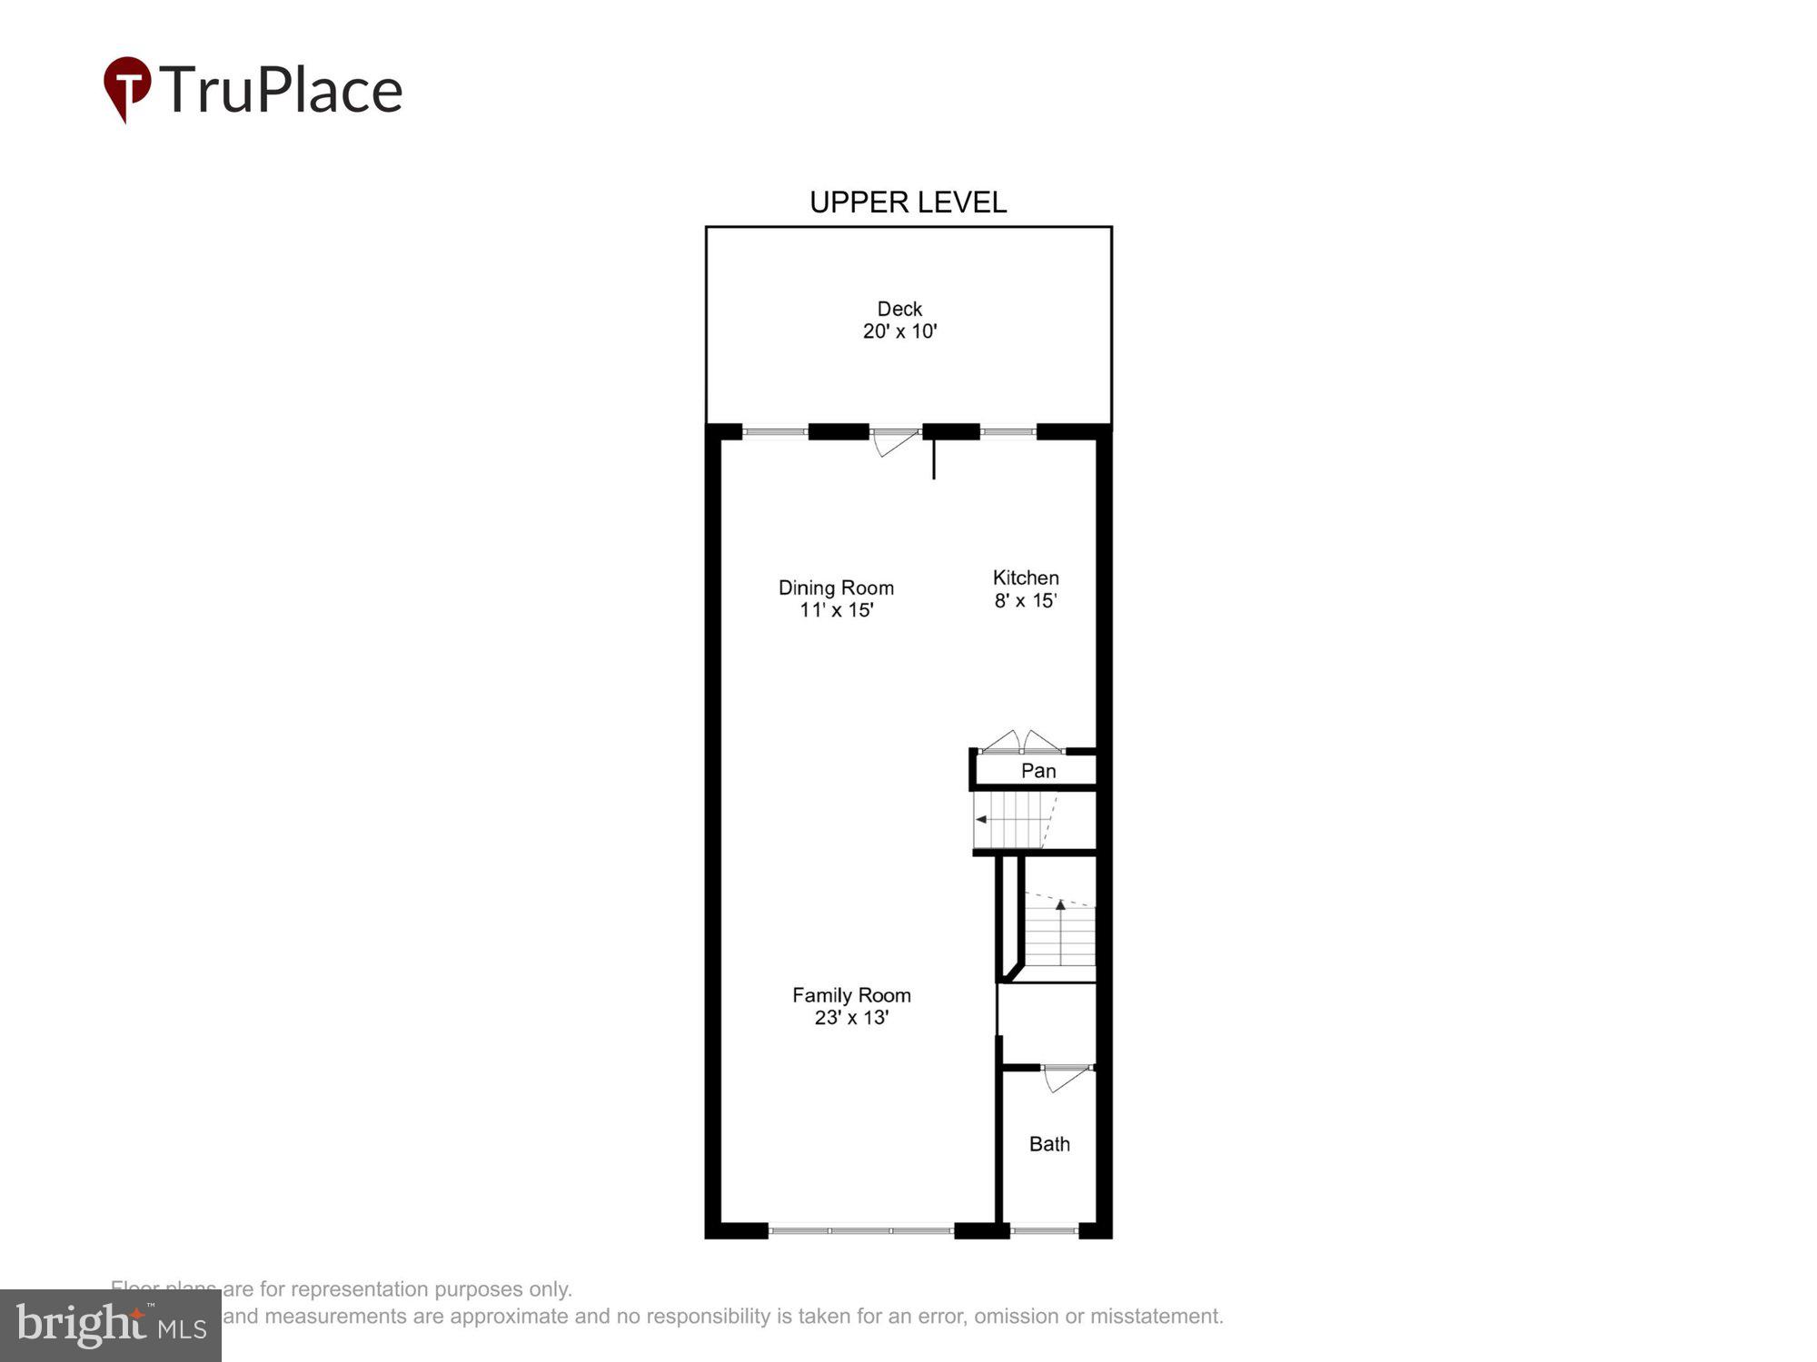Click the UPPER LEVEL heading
coord(908,202)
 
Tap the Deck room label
coord(899,309)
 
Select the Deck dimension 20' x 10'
coord(899,331)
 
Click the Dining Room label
coord(836,587)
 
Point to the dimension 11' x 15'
coord(836,610)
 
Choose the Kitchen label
coord(1026,577)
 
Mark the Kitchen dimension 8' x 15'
coord(1026,600)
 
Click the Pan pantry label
coord(1038,771)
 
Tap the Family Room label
coord(851,995)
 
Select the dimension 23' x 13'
coord(851,1018)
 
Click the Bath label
coord(1049,1144)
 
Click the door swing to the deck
coord(894,442)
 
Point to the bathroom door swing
coord(1065,1079)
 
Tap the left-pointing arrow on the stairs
coord(981,819)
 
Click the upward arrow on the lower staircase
coord(1060,904)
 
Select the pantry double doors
coord(1022,742)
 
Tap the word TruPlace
coord(282,90)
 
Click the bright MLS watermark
coord(111,1326)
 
